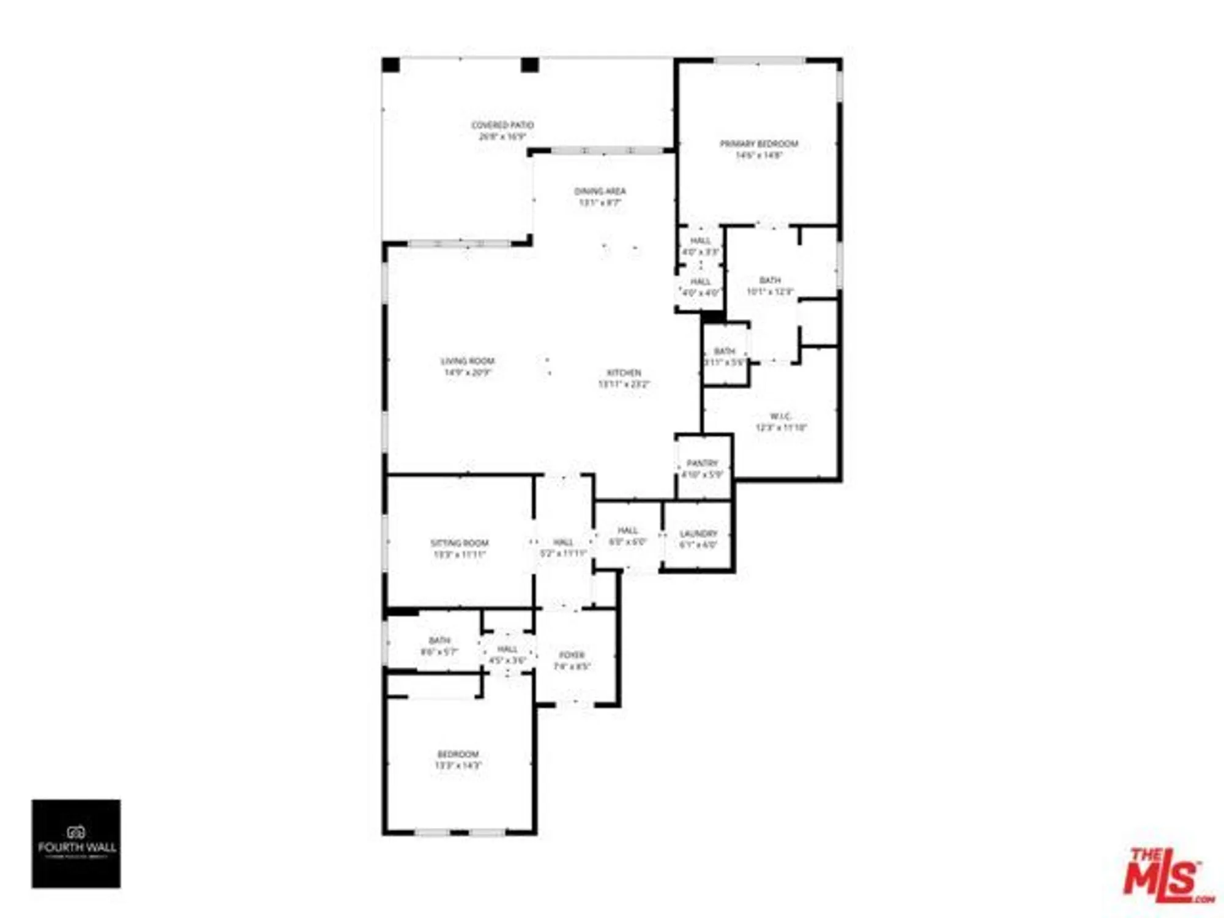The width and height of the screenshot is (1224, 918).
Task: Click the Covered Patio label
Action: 502,125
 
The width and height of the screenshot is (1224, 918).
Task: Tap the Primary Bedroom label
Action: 759,144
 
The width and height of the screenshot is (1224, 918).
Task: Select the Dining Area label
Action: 600,191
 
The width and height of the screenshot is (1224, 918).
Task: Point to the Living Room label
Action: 468,361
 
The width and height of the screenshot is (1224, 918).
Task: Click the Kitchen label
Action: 624,373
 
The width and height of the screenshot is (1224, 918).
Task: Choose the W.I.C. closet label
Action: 780,416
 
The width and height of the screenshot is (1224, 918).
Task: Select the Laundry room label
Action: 698,534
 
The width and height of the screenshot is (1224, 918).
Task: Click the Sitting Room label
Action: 459,543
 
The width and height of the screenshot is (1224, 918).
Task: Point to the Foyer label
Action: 572,655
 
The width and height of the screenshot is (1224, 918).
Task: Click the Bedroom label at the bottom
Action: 458,754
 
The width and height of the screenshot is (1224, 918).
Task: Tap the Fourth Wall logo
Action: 76,843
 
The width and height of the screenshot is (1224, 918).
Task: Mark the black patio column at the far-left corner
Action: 391,65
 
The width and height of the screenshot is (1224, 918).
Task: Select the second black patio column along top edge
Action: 529,65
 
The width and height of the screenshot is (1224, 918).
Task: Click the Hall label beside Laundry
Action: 627,531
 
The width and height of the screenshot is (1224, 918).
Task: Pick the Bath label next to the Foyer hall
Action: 439,640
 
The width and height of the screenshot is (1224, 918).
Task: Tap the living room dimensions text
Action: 468,373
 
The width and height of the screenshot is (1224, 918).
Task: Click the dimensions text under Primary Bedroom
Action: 759,155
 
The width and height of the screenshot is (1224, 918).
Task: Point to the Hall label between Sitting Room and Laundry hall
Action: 563,542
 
